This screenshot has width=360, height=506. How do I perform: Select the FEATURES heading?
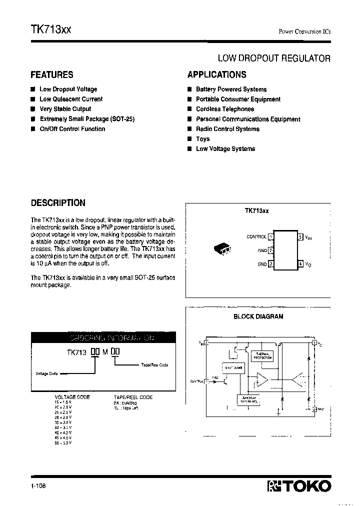[52, 75]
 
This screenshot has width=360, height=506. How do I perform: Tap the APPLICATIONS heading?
[216, 75]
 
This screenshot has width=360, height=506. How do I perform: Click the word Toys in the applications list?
[202, 139]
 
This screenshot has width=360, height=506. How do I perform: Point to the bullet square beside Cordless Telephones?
[190, 109]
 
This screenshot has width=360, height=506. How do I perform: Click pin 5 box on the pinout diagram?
[300, 236]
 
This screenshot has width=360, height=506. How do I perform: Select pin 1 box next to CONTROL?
[270, 236]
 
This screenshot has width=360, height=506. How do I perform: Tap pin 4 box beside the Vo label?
[300, 263]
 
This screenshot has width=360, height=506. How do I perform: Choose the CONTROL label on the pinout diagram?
[256, 237]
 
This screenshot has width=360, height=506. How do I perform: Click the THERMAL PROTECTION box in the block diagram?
[262, 356]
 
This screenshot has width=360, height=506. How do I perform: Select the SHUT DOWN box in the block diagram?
[232, 368]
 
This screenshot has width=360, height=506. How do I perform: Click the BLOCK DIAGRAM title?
[258, 316]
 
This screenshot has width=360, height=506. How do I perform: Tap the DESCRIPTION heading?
[58, 203]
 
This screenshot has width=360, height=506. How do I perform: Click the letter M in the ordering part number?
[105, 352]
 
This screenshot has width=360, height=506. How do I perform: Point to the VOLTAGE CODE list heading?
[72, 397]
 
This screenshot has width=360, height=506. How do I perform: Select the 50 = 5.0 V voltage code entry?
[63, 442]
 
